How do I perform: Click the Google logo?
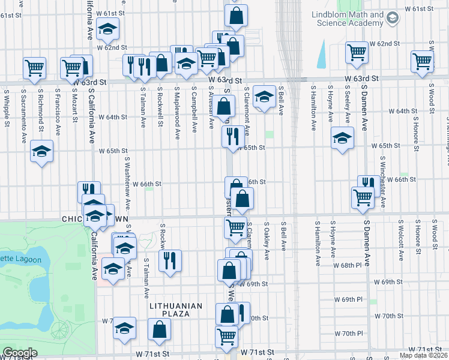pos(20,353)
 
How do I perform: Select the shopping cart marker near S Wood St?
pos(422,61)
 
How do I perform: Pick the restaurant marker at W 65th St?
pos(232,136)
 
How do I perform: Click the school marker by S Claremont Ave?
pos(264,97)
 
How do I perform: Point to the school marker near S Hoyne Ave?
pos(342,139)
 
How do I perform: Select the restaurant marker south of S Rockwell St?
pos(170,260)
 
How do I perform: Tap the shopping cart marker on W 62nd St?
pos(357,52)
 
